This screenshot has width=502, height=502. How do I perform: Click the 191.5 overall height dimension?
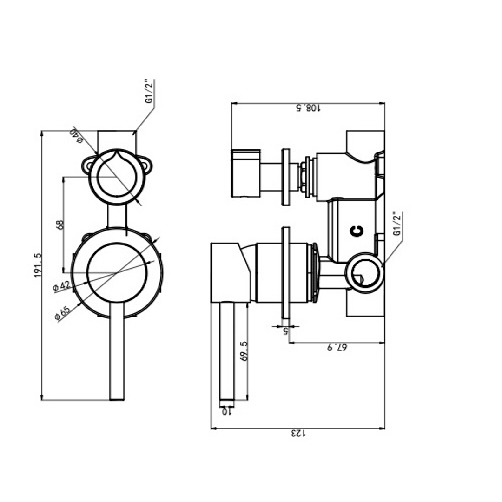[x=38, y=265]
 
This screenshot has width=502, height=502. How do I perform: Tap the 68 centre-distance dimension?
[x=59, y=225]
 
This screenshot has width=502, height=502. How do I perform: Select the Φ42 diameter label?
[x=61, y=286]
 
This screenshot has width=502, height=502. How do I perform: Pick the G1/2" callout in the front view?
[x=149, y=92]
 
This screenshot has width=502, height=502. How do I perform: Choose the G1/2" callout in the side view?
[x=397, y=225]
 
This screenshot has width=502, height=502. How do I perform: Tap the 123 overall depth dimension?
[x=297, y=434]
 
